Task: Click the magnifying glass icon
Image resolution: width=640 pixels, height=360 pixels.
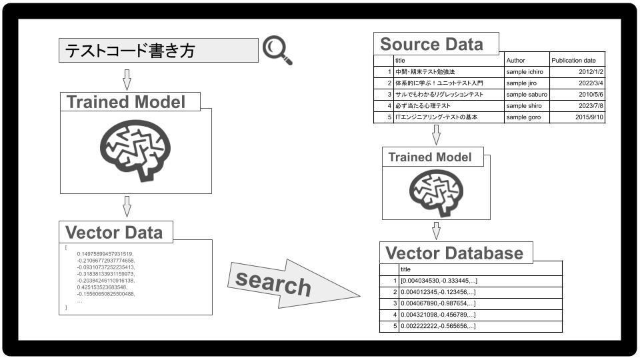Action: [x=277, y=50]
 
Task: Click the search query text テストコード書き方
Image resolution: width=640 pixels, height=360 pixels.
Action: [x=130, y=51]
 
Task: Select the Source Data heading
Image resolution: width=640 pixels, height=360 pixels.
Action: [x=431, y=44]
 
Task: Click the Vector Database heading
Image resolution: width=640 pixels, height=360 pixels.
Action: [x=454, y=253]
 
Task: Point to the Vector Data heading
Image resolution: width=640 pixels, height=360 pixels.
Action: [x=114, y=233]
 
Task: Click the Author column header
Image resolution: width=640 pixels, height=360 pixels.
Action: [x=515, y=61]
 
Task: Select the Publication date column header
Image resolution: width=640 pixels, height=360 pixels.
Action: [x=573, y=61]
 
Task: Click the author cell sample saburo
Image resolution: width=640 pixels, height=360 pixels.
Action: [x=527, y=94]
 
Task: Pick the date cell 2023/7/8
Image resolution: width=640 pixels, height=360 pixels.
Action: [x=591, y=106]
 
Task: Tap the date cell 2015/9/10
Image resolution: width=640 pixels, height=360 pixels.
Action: [x=589, y=117]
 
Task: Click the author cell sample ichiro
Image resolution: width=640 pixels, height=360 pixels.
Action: [x=525, y=72]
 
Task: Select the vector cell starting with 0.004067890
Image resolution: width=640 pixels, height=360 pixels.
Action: [x=438, y=303]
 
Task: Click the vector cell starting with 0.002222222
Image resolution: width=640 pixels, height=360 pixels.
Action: [x=438, y=326]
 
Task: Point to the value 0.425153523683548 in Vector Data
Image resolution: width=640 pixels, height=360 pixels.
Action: [x=102, y=287]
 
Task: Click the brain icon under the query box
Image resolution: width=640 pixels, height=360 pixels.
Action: [x=135, y=150]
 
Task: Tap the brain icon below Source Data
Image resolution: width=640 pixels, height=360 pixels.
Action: [x=436, y=193]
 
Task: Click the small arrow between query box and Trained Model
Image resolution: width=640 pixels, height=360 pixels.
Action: [x=127, y=79]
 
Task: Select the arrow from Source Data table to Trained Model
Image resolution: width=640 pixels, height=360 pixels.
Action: [x=436, y=135]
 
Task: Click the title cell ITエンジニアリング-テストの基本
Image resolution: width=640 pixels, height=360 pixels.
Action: [x=436, y=117]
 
